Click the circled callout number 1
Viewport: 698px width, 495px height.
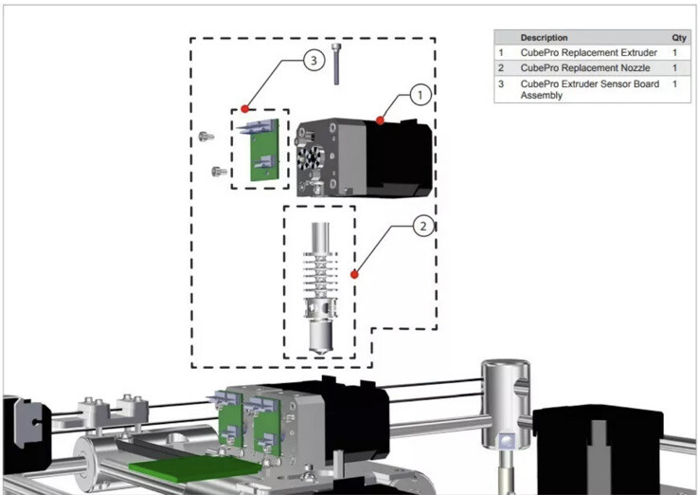click(x=419, y=94)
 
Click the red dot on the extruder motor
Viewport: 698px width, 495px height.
click(x=381, y=120)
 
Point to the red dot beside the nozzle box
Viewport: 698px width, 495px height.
click(x=354, y=274)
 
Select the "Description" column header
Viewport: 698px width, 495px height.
click(x=545, y=38)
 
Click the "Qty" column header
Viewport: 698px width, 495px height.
click(x=679, y=38)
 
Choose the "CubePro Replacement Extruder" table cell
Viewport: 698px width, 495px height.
click(x=588, y=53)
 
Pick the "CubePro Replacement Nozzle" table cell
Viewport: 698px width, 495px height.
click(x=584, y=68)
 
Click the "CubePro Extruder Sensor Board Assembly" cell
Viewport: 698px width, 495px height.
click(x=589, y=89)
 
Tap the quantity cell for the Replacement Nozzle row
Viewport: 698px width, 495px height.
click(x=675, y=68)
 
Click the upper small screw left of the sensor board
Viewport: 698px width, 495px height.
click(x=207, y=137)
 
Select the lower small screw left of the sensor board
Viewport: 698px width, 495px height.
click(x=219, y=172)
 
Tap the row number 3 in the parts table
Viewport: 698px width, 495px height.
click(x=501, y=84)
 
